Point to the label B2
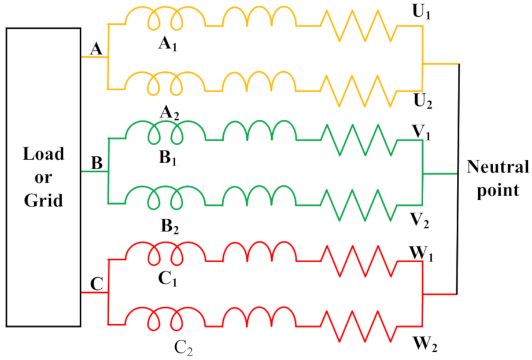click(169, 225)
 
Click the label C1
click(168, 279)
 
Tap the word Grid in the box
click(43, 201)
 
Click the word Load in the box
click(43, 155)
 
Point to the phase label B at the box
click(97, 163)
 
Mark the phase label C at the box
click(97, 284)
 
